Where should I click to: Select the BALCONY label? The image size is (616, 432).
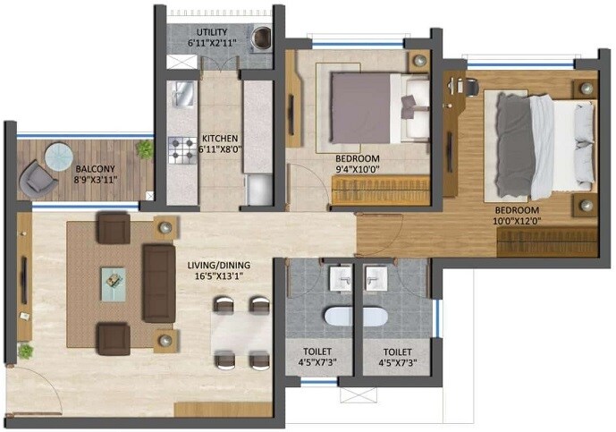point(93,168)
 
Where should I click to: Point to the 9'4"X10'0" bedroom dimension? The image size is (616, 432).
point(358,169)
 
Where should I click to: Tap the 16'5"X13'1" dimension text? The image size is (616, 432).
point(220,277)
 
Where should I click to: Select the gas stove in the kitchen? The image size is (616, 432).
point(182,149)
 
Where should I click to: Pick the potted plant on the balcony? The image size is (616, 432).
point(144,148)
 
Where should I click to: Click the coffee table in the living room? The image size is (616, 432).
point(113,278)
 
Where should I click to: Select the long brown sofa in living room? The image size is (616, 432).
point(158,284)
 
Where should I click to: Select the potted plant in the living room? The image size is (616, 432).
point(25,351)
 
